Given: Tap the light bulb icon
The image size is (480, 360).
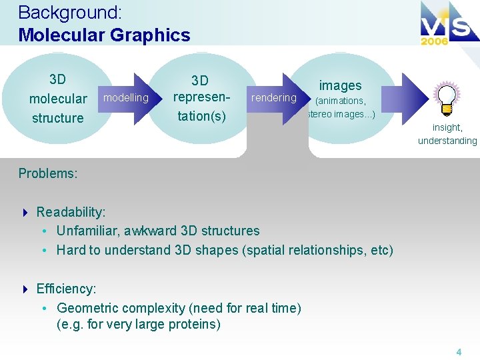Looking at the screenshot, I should click(x=445, y=99).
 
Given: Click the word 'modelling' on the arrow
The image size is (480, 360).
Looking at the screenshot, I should click(x=126, y=98).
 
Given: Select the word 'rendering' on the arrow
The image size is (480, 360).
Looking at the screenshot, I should click(x=273, y=98).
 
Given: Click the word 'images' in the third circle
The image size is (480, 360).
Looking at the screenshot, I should click(x=340, y=85).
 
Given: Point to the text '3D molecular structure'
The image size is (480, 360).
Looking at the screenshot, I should click(x=58, y=99).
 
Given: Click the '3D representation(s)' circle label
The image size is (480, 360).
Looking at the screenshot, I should click(x=200, y=99).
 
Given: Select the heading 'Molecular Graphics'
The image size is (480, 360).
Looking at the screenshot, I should click(x=104, y=35).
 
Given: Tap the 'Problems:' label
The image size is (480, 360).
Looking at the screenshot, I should click(x=48, y=173).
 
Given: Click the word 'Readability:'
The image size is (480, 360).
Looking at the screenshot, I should click(x=71, y=212).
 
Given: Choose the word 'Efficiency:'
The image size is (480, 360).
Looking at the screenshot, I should click(x=66, y=289).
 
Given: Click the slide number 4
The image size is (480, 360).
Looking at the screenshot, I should click(x=459, y=351).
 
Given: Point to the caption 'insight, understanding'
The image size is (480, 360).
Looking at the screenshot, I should click(x=447, y=134).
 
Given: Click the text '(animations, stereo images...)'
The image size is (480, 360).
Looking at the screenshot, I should click(x=341, y=107).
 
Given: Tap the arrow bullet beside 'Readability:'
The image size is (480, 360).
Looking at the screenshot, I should click(x=25, y=213).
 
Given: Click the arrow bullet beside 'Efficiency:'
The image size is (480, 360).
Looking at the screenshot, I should click(x=25, y=289).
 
